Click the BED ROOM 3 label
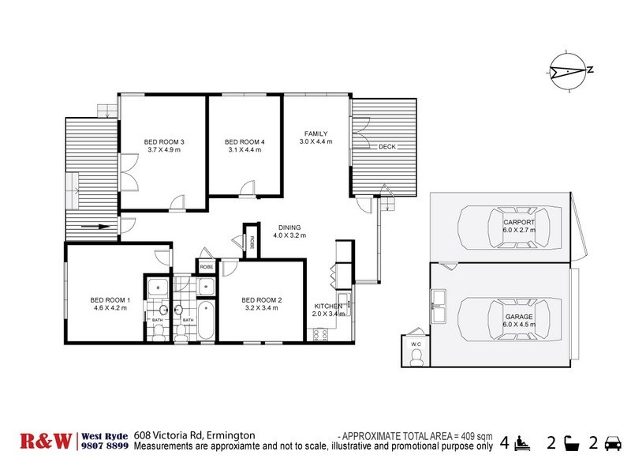pyautogui.click(x=164, y=142)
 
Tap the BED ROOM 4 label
pyautogui.click(x=246, y=142)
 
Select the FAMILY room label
pyautogui.click(x=313, y=134)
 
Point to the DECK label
pyautogui.click(x=386, y=148)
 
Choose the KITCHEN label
pyautogui.click(x=328, y=306)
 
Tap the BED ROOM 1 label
pyautogui.click(x=110, y=300)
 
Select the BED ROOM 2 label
pyautogui.click(x=261, y=300)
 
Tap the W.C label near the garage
pyautogui.click(x=416, y=344)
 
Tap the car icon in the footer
pyautogui.click(x=610, y=444)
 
